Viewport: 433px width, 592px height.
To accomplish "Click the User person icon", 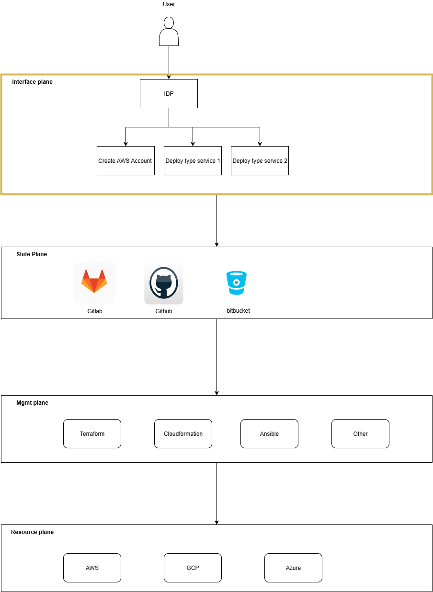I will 169,32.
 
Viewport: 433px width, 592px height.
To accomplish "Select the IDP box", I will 169,94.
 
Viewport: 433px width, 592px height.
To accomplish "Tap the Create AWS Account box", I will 125,161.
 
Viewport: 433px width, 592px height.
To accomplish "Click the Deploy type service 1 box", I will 193,161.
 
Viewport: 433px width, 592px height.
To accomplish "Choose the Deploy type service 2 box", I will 260,161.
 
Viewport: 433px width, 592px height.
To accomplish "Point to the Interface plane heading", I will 32,82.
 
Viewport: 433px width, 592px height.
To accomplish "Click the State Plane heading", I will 32,254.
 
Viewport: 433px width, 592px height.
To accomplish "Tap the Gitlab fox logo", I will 94,282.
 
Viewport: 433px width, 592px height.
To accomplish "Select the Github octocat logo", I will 163,283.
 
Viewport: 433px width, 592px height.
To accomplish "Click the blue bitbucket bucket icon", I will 236,283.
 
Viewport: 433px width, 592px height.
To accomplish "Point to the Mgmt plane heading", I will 32,403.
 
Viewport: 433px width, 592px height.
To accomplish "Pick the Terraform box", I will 92,434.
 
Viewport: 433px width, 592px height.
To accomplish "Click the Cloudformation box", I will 183,434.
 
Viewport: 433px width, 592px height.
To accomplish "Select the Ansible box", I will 269,434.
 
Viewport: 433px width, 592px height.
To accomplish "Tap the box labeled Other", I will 360,434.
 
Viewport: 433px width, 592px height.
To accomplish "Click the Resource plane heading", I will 32,532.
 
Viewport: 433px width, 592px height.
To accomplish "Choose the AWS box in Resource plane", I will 92,568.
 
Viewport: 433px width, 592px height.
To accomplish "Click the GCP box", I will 193,568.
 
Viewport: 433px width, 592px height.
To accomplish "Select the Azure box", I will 293,568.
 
